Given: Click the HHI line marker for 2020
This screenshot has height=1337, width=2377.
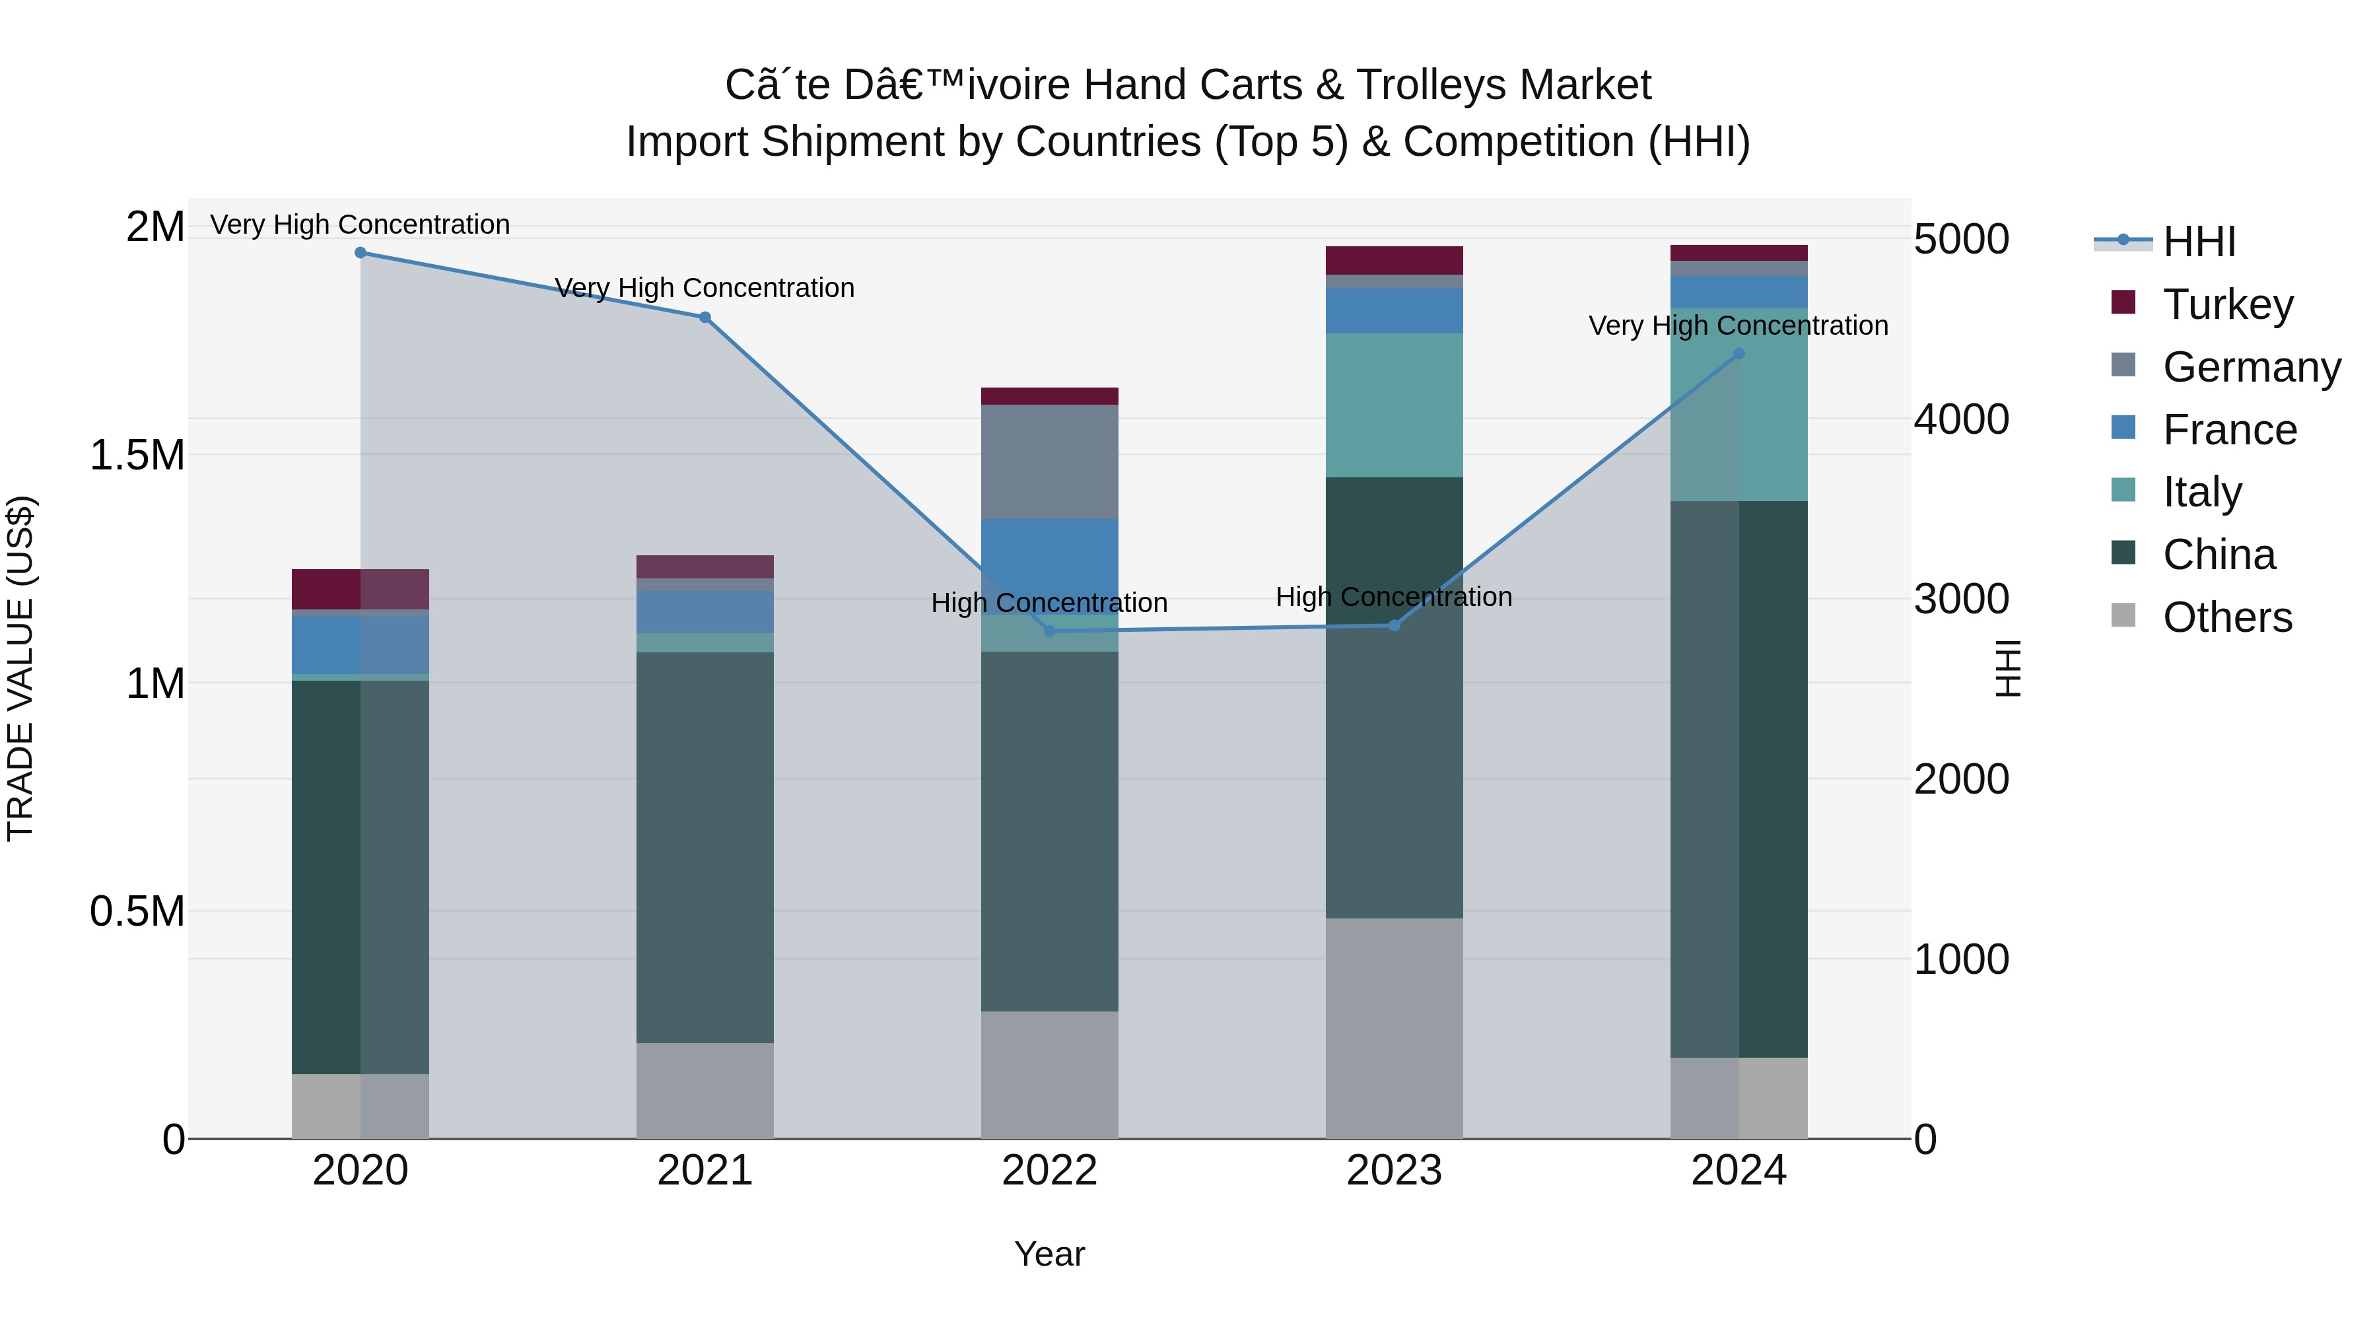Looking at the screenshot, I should tap(361, 253).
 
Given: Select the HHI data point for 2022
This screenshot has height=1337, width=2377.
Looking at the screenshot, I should tap(1049, 631).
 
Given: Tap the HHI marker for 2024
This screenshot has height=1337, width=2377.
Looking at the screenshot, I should tap(1739, 353).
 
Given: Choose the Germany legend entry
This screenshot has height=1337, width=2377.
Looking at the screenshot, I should tap(2251, 366).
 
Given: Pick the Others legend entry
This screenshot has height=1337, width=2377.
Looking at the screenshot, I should tap(2226, 617).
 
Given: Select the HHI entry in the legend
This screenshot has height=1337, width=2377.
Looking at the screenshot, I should tap(2198, 242).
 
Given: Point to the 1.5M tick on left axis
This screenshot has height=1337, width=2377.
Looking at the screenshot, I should tap(137, 455).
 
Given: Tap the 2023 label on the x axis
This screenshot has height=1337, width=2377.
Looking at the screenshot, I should tap(1393, 1170).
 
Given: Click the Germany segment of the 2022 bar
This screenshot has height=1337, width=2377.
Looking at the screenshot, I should tap(1049, 462).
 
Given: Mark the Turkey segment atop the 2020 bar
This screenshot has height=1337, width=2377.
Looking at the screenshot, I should tap(360, 589).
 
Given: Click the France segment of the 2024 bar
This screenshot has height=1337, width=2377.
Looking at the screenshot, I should tap(1739, 292).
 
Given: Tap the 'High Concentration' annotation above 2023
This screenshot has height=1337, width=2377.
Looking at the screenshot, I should tap(1393, 597).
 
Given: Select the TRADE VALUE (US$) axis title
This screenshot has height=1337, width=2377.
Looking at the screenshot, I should tap(20, 668).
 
